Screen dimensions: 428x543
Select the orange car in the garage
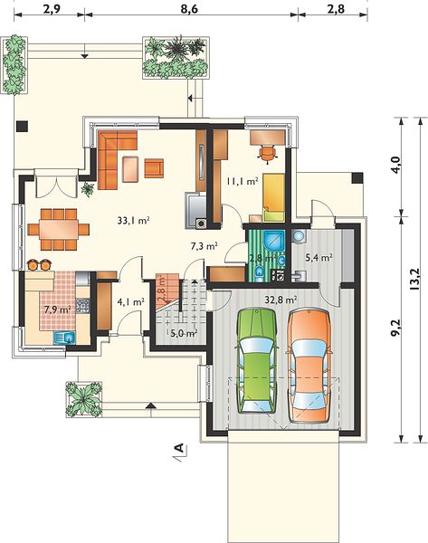point(309,366)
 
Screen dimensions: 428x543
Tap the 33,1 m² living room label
point(133,220)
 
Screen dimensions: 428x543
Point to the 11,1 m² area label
point(243,181)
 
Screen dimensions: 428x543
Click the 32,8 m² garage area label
point(281,300)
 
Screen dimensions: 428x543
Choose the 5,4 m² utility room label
point(319,257)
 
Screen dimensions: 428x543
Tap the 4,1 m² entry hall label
point(130,302)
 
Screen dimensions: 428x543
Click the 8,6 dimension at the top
point(189,9)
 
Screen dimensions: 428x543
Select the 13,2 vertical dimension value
point(414,279)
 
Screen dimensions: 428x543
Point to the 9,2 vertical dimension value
point(396,328)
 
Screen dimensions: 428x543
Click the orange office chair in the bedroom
point(267,154)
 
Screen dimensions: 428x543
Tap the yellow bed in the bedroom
point(273,197)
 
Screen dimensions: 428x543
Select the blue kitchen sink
point(65,338)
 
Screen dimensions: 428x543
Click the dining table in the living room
point(59,229)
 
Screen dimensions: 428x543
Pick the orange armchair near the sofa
point(154,168)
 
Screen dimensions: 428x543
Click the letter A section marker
point(179,448)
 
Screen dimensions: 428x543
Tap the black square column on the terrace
point(22,126)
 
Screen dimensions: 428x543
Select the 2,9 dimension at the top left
point(52,9)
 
